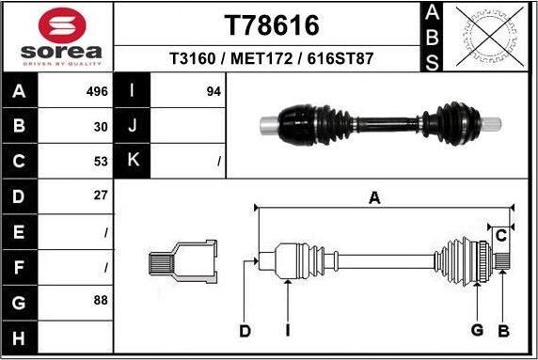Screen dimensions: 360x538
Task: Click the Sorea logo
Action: point(57,38)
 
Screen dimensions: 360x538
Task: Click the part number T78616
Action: point(271,24)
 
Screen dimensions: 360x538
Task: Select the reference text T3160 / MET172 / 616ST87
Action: point(271,58)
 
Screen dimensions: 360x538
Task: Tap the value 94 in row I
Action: point(214,92)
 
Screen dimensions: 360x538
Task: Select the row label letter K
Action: point(133,161)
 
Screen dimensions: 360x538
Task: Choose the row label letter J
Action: point(133,126)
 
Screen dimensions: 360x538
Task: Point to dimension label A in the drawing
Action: point(374,197)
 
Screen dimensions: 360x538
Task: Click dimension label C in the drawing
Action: point(501,234)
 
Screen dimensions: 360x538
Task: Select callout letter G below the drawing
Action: point(477,330)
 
